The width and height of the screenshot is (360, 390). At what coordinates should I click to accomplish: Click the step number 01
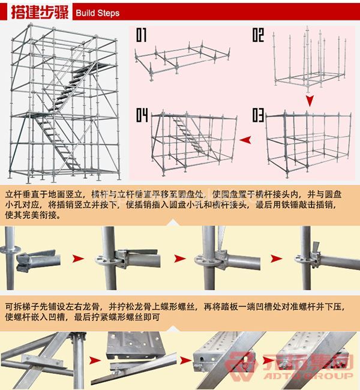click(x=142, y=35)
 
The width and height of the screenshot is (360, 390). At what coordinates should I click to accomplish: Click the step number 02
click(x=257, y=35)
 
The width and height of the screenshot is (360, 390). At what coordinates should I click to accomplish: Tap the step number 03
click(x=258, y=114)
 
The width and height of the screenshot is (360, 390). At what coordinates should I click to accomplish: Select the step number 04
click(x=142, y=114)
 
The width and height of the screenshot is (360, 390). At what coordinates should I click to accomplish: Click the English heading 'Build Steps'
click(x=98, y=13)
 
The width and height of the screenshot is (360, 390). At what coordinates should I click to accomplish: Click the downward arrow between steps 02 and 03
click(x=310, y=100)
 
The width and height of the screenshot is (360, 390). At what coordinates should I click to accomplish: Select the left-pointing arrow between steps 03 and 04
click(x=245, y=140)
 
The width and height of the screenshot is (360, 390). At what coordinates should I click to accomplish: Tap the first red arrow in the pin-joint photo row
click(x=77, y=259)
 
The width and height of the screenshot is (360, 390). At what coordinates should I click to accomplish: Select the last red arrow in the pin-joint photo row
click(x=278, y=259)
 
